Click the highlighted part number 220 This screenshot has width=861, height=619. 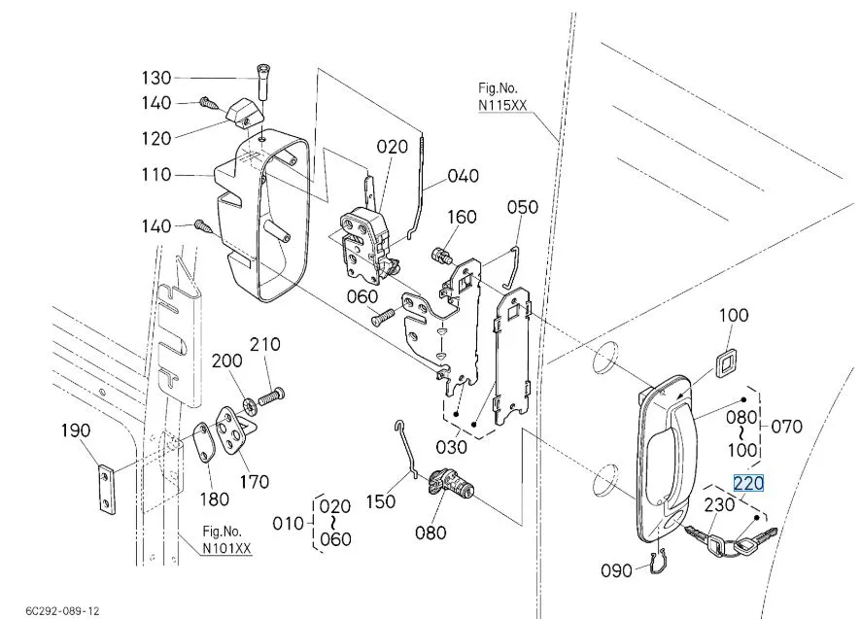pyautogui.click(x=748, y=483)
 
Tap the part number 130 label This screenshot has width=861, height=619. pyautogui.click(x=156, y=78)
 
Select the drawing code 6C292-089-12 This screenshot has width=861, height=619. pyautogui.click(x=62, y=611)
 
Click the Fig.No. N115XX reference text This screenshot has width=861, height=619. pyautogui.click(x=502, y=96)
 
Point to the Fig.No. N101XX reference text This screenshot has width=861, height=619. pyautogui.click(x=226, y=539)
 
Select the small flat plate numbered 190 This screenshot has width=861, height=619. pyautogui.click(x=107, y=490)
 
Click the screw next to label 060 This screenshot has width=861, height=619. pyautogui.click(x=383, y=317)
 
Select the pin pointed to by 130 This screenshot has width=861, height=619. pyautogui.click(x=262, y=82)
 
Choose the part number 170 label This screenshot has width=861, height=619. pyautogui.click(x=255, y=482)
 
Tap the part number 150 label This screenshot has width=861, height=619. pyautogui.click(x=381, y=500)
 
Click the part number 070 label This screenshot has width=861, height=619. pyautogui.click(x=786, y=426)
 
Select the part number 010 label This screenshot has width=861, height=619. pyautogui.click(x=289, y=524)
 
